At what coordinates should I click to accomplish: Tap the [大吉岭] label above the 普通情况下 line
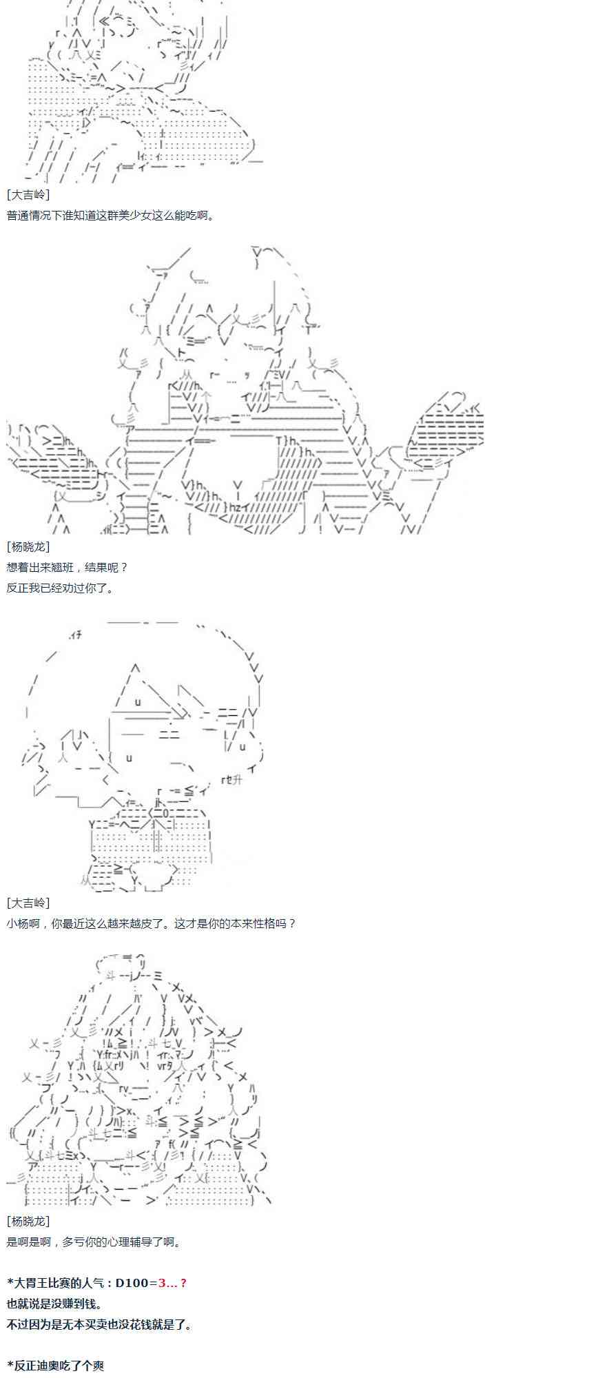click(x=28, y=195)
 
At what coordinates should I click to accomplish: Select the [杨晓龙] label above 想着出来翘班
click(x=28, y=546)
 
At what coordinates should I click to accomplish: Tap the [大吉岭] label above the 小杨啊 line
click(x=28, y=903)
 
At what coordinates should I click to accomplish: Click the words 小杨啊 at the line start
click(x=23, y=923)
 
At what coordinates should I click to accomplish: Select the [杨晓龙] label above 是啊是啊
click(x=28, y=1221)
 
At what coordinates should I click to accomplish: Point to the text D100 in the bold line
click(x=132, y=1282)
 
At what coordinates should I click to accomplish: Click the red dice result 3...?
click(x=172, y=1282)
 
